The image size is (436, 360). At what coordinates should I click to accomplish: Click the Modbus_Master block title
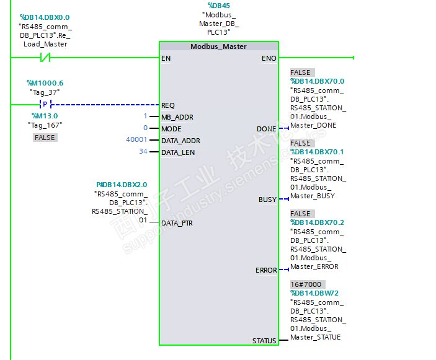point(218,46)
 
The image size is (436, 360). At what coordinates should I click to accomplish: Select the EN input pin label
point(166,58)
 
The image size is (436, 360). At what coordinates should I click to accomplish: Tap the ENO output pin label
point(269,58)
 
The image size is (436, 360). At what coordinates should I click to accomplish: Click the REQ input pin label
point(168,105)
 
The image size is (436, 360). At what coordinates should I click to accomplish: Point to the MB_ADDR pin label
point(177,117)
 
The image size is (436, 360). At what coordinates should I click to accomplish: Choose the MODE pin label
point(171,129)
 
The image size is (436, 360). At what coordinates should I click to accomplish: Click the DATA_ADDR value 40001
point(136,141)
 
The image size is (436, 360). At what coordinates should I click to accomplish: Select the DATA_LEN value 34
point(143,152)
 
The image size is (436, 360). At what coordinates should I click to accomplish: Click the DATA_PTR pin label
point(177,223)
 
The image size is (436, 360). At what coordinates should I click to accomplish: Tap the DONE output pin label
point(266,129)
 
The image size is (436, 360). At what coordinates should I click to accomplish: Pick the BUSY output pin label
point(267,200)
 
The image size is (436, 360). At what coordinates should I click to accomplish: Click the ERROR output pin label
point(266,270)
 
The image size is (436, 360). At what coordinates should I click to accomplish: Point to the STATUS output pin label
point(264,341)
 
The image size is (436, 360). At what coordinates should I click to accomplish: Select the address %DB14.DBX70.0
point(317,81)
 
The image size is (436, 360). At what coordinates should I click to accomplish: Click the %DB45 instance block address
point(218,6)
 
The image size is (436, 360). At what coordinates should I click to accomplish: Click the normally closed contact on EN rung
point(45,58)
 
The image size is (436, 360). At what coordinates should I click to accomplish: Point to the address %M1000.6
point(45,83)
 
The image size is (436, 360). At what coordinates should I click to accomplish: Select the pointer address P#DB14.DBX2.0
point(122,185)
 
